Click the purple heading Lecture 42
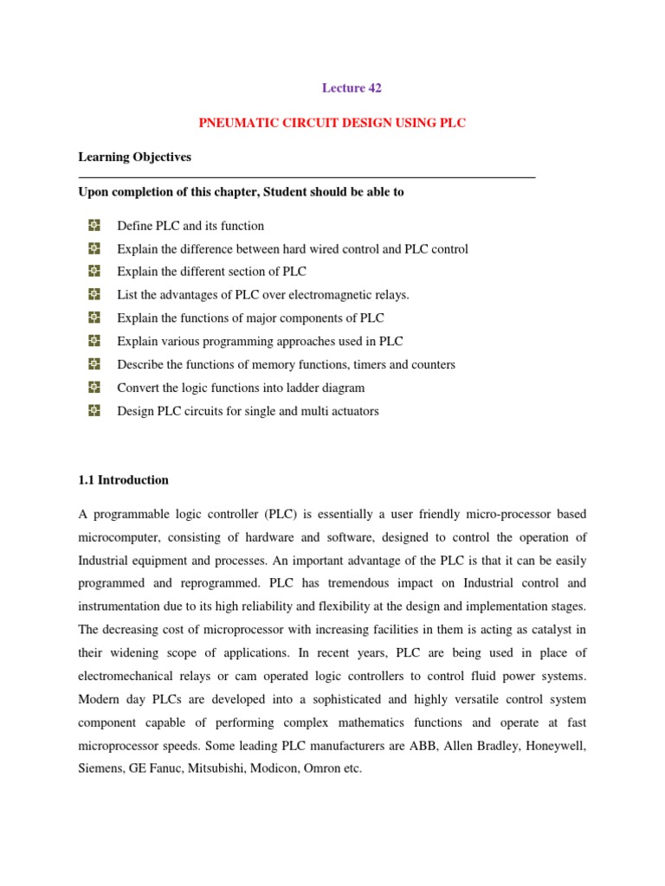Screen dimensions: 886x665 click(x=352, y=87)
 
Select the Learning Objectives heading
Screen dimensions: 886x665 click(x=134, y=157)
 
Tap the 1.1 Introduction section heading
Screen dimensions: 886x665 click(x=123, y=479)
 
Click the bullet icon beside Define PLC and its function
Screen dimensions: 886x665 click(x=94, y=226)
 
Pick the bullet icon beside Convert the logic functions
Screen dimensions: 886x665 click(x=94, y=388)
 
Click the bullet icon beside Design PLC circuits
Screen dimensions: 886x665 click(x=94, y=411)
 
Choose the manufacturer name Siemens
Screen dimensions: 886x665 click(x=102, y=768)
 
